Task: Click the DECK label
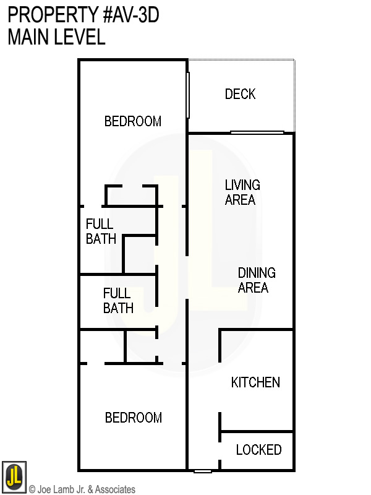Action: (x=240, y=94)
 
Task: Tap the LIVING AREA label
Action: (x=242, y=192)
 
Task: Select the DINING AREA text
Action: (x=257, y=280)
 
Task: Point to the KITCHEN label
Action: (x=255, y=382)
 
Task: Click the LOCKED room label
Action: (x=258, y=450)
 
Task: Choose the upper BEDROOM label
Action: (x=132, y=121)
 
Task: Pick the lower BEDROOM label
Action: (x=133, y=418)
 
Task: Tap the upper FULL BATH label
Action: (x=101, y=231)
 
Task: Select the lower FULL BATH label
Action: (x=118, y=300)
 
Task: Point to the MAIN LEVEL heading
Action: (x=56, y=37)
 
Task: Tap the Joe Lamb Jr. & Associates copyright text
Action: (x=82, y=489)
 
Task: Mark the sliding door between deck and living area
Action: (x=257, y=132)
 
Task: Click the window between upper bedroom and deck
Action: (x=187, y=95)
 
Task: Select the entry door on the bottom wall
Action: (x=203, y=471)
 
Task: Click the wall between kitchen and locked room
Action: (x=257, y=431)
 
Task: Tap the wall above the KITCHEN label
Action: (x=255, y=330)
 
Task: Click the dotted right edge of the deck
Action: (x=294, y=96)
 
